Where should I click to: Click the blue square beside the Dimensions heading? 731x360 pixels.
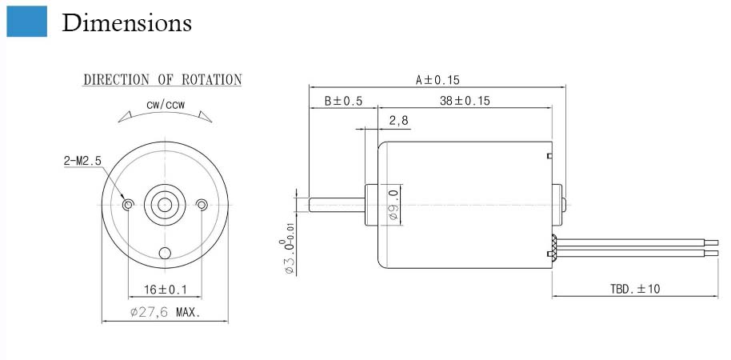pos(26,21)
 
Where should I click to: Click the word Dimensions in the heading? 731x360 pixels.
pos(127,22)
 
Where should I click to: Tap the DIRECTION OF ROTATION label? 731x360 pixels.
pos(162,80)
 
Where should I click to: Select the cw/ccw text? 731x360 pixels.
pos(166,105)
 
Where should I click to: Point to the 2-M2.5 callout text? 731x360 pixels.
pos(82,161)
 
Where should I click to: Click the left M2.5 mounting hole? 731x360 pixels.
pos(128,204)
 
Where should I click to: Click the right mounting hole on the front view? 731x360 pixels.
pos(202,204)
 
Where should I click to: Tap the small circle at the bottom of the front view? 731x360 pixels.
pos(165,253)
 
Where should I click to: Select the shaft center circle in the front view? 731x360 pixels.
pos(165,205)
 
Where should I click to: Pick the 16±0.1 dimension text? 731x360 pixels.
pos(165,290)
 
